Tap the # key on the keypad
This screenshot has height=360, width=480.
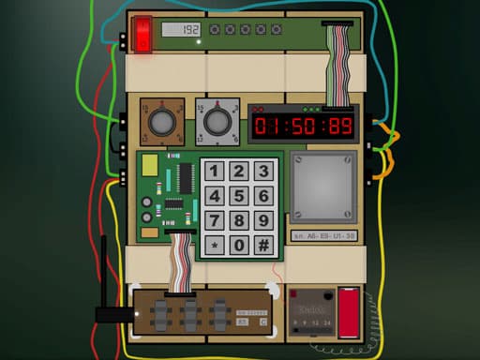point(263,246)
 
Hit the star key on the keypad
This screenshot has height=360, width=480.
point(215,246)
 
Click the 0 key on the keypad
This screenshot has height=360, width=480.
point(239,246)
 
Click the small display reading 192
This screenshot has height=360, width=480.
point(180,30)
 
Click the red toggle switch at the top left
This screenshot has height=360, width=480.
point(142,35)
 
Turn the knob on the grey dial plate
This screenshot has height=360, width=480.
point(217,122)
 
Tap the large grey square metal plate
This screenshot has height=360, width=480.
point(323,187)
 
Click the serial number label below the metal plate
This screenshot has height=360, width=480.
point(322,236)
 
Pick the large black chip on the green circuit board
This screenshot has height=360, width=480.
point(174,203)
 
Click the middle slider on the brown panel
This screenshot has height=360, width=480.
point(188,312)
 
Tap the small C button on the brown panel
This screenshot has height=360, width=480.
point(263,322)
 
